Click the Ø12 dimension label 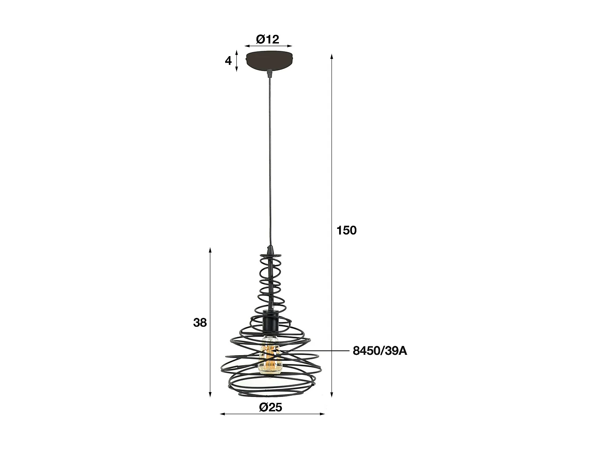click(268, 39)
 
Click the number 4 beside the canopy click(228, 61)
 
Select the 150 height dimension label click(346, 231)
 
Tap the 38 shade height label click(199, 322)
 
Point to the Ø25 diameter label click(271, 407)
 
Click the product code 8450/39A click(380, 351)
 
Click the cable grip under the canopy click(270, 73)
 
